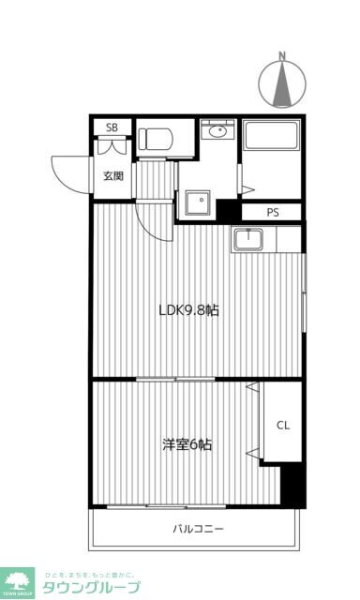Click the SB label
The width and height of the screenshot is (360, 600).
[x=112, y=127]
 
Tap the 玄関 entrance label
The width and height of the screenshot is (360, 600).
[x=112, y=175]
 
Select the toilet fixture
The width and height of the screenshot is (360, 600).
[x=157, y=138]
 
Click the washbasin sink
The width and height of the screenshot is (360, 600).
[x=218, y=132]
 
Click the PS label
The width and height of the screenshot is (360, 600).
[x=273, y=212]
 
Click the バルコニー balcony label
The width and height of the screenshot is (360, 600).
[x=197, y=530]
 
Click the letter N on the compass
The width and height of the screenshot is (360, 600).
[x=282, y=57]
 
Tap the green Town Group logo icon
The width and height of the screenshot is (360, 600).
[x=18, y=582]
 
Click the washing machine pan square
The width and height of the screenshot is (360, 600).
[x=198, y=202]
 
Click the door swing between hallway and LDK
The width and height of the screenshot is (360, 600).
[x=150, y=222]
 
